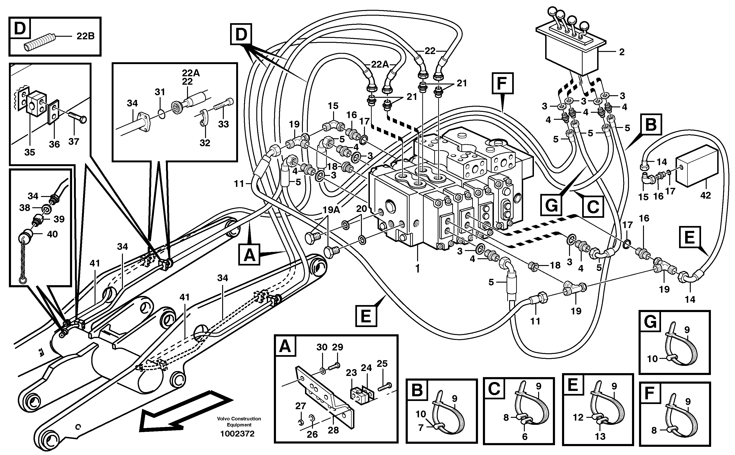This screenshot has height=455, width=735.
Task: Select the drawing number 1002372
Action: point(237,434)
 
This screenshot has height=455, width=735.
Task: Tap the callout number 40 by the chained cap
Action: point(52,234)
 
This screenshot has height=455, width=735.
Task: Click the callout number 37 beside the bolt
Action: point(73,142)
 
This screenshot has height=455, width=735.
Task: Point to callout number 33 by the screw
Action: point(223,124)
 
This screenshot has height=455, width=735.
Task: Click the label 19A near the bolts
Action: point(331,210)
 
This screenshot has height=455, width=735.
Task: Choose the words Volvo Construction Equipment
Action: point(239,422)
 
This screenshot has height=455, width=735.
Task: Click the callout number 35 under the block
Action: point(29,152)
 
